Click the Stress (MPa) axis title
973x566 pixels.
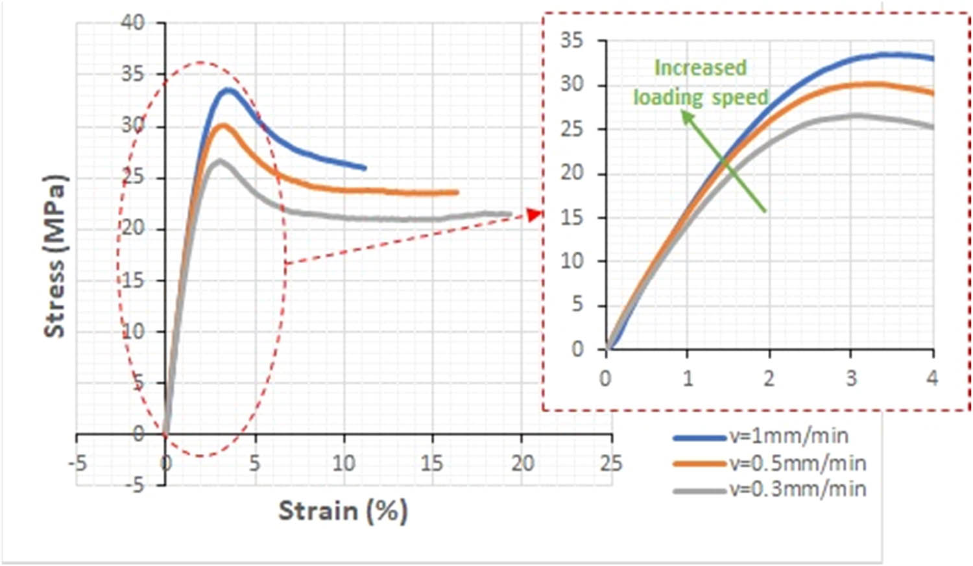point(55,255)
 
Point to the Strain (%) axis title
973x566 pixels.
point(343,511)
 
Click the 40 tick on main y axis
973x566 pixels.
point(133,23)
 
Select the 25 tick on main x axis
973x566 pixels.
point(610,463)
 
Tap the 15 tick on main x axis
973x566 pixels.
point(432,463)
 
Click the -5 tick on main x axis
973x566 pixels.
point(77,463)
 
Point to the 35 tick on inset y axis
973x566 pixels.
point(571,41)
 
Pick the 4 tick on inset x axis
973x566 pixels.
point(932,378)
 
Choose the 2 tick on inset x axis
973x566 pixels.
point(769,378)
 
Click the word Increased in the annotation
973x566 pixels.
point(700,68)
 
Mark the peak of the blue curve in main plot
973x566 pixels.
point(228,89)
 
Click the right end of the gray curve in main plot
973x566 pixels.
point(510,214)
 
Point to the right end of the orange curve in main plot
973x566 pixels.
point(457,193)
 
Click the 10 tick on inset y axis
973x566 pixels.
point(571,261)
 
